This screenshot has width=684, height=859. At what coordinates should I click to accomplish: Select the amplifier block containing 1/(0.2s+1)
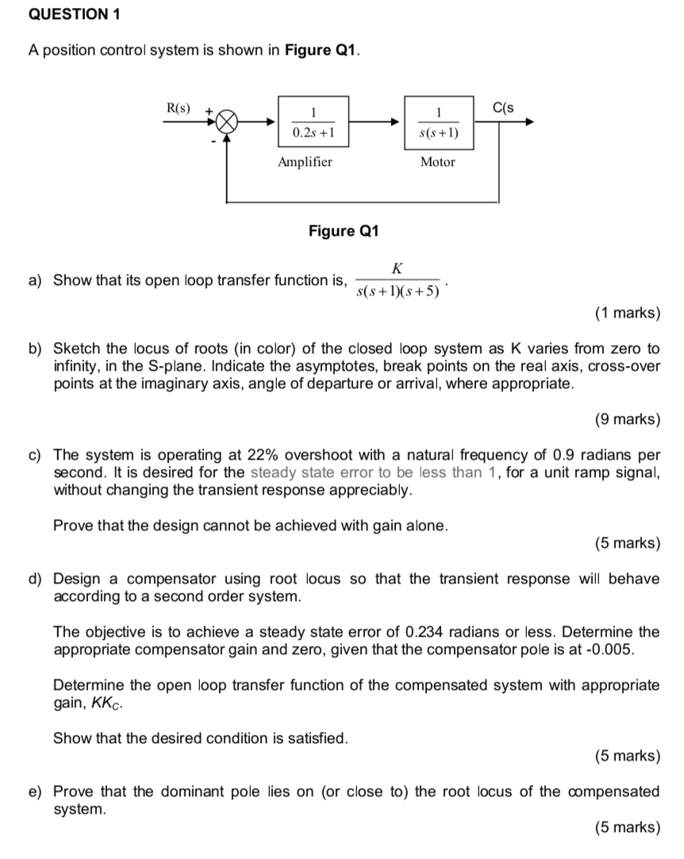tap(313, 121)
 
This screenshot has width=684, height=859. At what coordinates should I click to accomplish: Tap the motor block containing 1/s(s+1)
tap(437, 121)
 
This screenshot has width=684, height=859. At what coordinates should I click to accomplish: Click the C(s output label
tap(503, 107)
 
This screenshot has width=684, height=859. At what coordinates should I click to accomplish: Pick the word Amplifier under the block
tap(305, 162)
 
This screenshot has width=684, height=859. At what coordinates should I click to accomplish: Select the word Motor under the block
tap(437, 162)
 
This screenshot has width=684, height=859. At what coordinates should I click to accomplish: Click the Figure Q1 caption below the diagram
tap(344, 231)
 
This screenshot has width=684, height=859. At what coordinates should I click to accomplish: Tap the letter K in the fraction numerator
tap(397, 267)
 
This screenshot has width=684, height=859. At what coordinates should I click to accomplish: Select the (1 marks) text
tap(627, 313)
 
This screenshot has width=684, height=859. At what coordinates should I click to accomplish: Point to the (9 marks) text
tap(627, 419)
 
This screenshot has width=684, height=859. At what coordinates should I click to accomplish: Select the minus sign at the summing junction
tap(213, 141)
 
